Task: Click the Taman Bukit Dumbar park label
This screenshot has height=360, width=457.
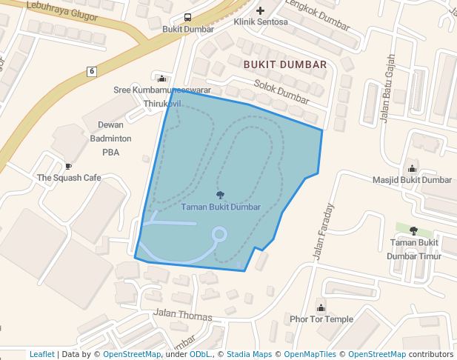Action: click(x=221, y=207)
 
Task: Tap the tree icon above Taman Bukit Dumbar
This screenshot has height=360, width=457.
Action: click(x=220, y=195)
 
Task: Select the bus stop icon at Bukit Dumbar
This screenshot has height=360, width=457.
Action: click(x=187, y=17)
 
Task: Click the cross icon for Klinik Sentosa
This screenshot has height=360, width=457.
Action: click(x=260, y=10)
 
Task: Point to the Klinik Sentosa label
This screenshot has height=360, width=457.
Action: click(x=259, y=22)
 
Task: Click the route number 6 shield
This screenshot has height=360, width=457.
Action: click(x=91, y=71)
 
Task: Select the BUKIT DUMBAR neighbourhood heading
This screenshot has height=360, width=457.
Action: click(x=285, y=64)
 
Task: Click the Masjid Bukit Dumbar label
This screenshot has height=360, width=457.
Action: click(x=412, y=180)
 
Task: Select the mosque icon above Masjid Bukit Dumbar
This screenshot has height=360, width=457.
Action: click(x=412, y=168)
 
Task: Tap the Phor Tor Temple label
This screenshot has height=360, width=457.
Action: click(x=321, y=319)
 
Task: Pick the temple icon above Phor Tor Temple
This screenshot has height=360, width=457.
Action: click(x=321, y=307)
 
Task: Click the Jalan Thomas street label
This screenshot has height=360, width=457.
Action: click(x=183, y=315)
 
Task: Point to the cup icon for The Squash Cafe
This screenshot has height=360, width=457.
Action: click(x=69, y=167)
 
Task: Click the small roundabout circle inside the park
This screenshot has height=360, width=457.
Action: click(x=219, y=235)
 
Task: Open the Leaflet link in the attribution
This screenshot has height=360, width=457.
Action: click(x=41, y=354)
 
